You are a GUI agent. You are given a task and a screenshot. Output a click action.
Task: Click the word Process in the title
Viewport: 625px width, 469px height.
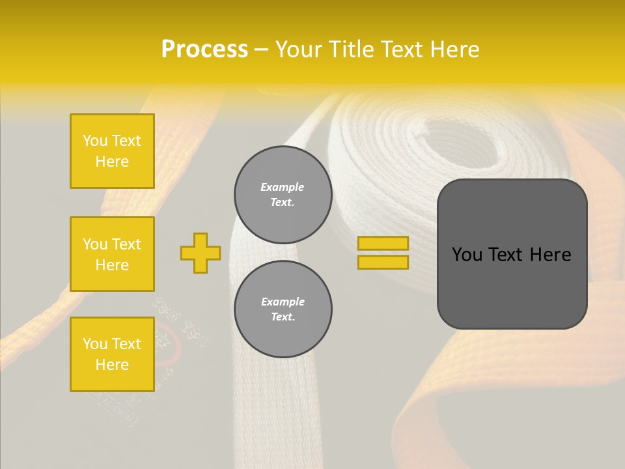[204, 49]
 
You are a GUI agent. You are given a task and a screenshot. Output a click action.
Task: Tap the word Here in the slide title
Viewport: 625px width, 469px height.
[453, 50]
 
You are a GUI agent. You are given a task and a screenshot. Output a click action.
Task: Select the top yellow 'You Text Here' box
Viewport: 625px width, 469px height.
[112, 151]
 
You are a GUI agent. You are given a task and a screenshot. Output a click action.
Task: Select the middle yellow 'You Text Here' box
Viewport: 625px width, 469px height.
[112, 254]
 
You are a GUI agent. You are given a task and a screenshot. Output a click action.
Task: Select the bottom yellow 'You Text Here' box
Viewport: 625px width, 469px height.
[112, 354]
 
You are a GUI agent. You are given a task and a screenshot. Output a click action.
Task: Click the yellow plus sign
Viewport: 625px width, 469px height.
[201, 253]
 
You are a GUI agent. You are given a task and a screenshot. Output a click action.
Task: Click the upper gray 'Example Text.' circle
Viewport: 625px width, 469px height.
[283, 195]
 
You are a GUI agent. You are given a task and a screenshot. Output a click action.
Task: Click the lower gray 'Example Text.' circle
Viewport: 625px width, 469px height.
[283, 309]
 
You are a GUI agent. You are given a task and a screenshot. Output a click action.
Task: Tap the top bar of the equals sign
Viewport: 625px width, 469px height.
[383, 243]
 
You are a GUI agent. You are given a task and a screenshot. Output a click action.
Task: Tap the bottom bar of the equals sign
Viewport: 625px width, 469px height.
[383, 262]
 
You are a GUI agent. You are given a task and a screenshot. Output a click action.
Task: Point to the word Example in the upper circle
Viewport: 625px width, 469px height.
[283, 187]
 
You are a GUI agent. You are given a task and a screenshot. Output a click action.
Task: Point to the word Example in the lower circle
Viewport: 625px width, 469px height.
[283, 302]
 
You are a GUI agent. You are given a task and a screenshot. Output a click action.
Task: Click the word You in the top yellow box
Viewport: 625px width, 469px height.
[94, 141]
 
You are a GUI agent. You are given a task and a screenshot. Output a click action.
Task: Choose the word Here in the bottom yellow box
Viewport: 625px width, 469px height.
[112, 365]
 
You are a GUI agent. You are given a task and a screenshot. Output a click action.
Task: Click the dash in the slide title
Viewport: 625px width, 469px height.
[262, 50]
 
